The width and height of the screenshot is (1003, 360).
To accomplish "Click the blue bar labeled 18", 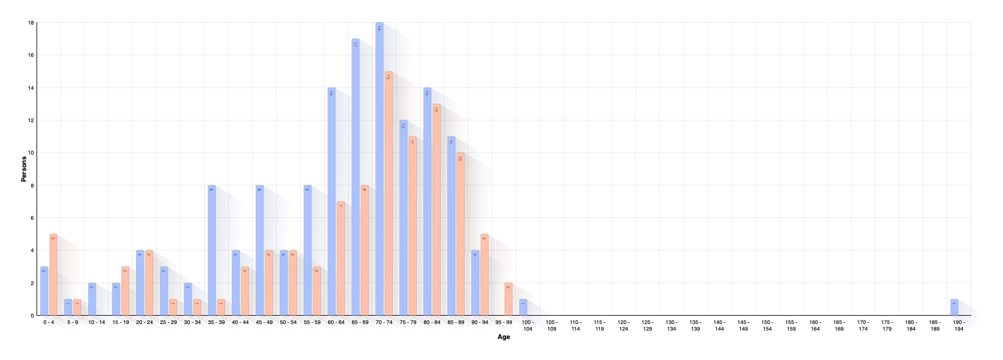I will point(379,168).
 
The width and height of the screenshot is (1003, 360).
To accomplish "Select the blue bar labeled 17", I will point(355,177).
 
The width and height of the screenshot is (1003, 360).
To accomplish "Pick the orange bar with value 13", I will point(436,210).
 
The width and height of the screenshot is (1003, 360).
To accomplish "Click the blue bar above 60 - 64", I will point(331,201).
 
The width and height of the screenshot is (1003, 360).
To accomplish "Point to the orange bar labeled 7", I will point(340,258).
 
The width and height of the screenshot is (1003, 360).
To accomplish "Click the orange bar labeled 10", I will point(460,234).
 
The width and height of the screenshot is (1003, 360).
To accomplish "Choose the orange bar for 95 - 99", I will point(508,298).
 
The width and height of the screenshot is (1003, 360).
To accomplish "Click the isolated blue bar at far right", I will point(954,307).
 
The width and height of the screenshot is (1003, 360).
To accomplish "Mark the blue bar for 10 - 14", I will point(92,298).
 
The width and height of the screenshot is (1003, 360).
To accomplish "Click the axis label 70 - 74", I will point(384,322).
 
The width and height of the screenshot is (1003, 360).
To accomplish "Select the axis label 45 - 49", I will point(264,322).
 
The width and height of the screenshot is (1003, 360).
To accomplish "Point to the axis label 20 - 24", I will point(144,322).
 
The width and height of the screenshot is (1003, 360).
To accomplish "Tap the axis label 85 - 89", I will point(456,322).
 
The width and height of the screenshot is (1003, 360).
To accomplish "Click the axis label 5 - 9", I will point(72,322).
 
